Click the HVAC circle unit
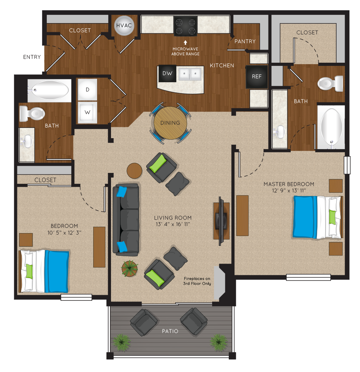pos(124,26)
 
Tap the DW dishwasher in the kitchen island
pos(167,73)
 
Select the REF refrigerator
pos(257,77)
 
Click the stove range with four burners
pos(185,26)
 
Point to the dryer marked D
pos(87,90)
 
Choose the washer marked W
pos(87,112)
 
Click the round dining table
pos(170,123)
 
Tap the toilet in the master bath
pos(330,84)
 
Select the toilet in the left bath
pos(32,114)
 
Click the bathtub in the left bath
pos(49,90)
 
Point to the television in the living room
pos(221,221)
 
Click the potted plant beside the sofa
pos(130,268)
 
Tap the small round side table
pos(134,170)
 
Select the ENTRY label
pos(32,57)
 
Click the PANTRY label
pos(245,41)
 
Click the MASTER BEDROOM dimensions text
pos(289,191)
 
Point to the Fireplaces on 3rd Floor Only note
pos(197,281)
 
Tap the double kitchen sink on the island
pos(190,74)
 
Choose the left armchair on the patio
pos(144,322)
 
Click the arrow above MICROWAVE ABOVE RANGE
pos(185,43)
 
